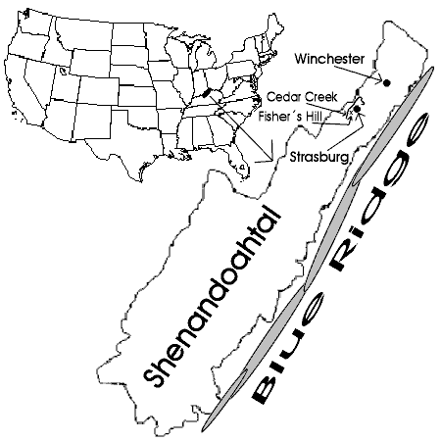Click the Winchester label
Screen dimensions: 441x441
(329, 59)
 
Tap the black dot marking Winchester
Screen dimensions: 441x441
(387, 82)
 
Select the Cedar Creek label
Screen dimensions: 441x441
(302, 97)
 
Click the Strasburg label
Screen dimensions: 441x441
(319, 157)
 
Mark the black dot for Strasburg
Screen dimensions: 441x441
(357, 109)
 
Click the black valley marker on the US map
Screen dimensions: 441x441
(207, 93)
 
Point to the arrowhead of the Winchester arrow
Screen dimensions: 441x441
(380, 78)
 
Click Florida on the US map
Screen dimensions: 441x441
(238, 163)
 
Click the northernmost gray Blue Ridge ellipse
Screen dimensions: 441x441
(394, 125)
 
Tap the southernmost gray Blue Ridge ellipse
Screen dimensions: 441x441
(225, 400)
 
